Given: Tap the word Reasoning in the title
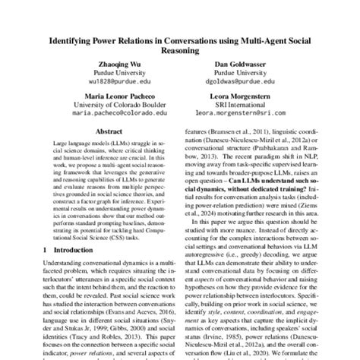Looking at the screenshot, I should coord(179,52).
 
